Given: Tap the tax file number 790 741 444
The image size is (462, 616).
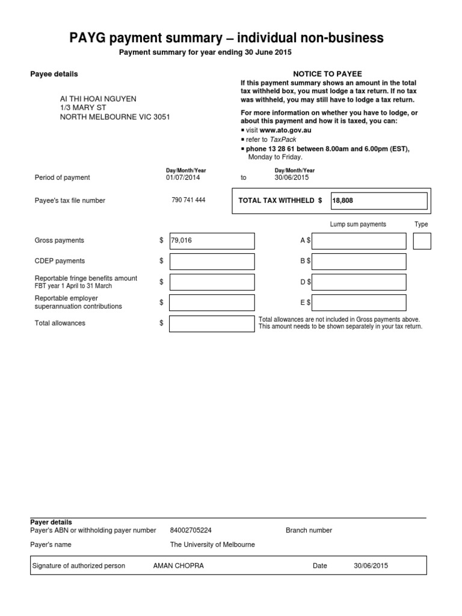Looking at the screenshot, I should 188,200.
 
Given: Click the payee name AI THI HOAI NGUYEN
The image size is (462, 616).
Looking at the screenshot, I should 98,98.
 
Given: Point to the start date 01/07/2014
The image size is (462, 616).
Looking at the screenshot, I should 183,178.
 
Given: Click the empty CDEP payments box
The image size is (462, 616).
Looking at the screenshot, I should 212,262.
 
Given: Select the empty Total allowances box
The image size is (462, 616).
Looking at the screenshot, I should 212,324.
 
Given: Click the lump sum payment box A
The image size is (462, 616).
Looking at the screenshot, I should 359,241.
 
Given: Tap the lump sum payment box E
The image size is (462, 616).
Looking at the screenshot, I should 359,303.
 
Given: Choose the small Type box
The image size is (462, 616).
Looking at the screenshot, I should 422,241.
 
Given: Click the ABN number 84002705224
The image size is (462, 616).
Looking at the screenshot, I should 191,531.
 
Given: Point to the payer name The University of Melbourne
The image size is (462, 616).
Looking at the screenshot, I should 212,544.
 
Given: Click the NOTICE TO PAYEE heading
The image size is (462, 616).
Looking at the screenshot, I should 327,74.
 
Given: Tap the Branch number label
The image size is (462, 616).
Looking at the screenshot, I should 309,531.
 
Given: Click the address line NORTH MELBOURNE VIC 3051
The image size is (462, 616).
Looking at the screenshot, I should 114,117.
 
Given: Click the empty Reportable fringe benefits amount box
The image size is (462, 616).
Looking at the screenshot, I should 212,282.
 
